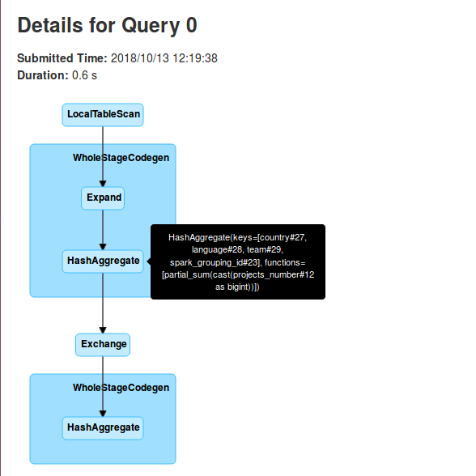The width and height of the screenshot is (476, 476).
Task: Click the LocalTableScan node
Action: point(103,115)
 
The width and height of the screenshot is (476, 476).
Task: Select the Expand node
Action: point(103,198)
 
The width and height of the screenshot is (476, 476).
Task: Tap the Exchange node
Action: point(103,345)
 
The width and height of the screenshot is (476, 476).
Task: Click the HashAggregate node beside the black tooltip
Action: point(103,261)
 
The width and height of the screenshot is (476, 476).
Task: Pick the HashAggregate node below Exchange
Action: point(103,427)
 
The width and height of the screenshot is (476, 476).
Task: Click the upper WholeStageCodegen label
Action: point(121,158)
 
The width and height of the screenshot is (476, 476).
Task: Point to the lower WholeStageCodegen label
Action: point(121,388)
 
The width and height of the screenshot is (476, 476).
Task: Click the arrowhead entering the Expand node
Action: point(103,184)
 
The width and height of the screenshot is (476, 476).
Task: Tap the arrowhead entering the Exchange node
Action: point(103,330)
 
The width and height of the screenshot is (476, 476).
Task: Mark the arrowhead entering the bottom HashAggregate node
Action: point(103,414)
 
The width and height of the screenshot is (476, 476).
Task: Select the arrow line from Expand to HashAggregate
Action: point(103,230)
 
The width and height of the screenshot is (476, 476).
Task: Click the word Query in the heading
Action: point(151,26)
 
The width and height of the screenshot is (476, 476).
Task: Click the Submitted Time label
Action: point(62,58)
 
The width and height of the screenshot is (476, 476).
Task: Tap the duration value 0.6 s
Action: point(84,75)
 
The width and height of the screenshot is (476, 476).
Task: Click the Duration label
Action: point(43,75)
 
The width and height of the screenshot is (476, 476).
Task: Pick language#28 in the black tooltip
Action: point(218,249)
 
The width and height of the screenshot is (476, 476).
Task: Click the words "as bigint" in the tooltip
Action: point(232,287)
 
